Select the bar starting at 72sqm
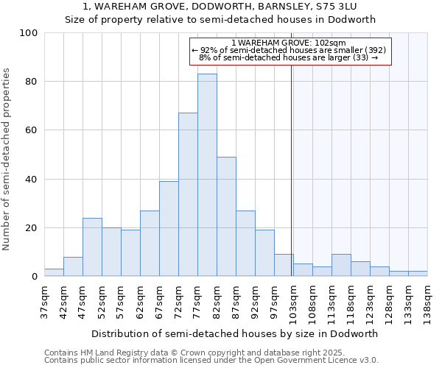(x=188, y=195)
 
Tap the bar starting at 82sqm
(x=226, y=216)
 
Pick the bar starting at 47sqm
(x=92, y=247)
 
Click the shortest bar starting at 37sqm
(x=54, y=273)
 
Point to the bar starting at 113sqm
(x=341, y=266)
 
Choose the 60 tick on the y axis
(x=32, y=130)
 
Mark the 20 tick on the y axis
(x=32, y=228)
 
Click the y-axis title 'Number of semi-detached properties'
(x=7, y=159)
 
